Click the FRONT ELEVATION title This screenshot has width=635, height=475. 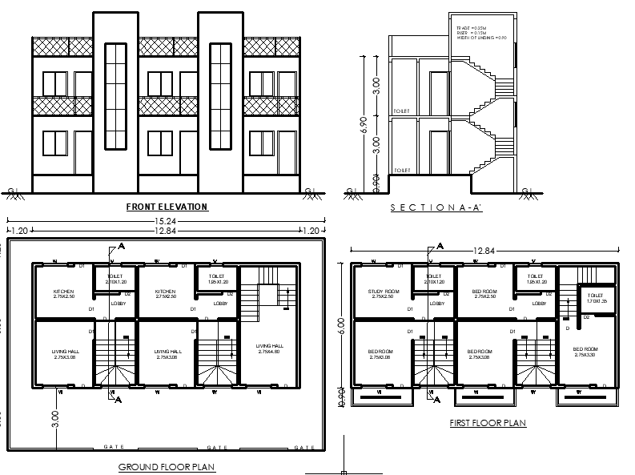[167, 207]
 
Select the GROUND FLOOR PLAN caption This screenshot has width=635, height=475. [167, 466]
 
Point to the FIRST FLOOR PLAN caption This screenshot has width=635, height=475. [487, 423]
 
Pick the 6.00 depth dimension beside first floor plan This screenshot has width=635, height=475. [342, 327]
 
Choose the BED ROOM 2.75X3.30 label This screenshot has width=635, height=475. [585, 352]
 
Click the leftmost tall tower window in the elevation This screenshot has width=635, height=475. [116, 96]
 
